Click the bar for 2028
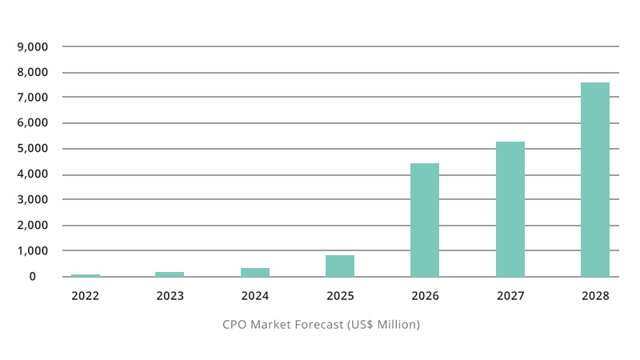[x=595, y=179]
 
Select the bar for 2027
[x=510, y=209]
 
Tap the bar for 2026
[x=425, y=220]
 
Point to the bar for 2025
[x=340, y=266]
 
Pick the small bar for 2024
[x=255, y=272]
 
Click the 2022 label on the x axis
[x=85, y=296]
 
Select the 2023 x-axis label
[x=170, y=296]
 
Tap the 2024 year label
[x=255, y=296]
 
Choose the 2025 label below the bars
[x=340, y=296]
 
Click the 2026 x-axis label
[x=425, y=296]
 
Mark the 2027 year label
[x=510, y=296]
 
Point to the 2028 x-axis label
[x=595, y=296]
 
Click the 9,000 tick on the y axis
[x=33, y=46]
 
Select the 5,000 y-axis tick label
[x=33, y=149]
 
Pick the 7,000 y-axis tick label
[x=33, y=98]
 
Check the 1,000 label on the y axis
[x=33, y=250]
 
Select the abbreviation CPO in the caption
[x=234, y=325]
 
